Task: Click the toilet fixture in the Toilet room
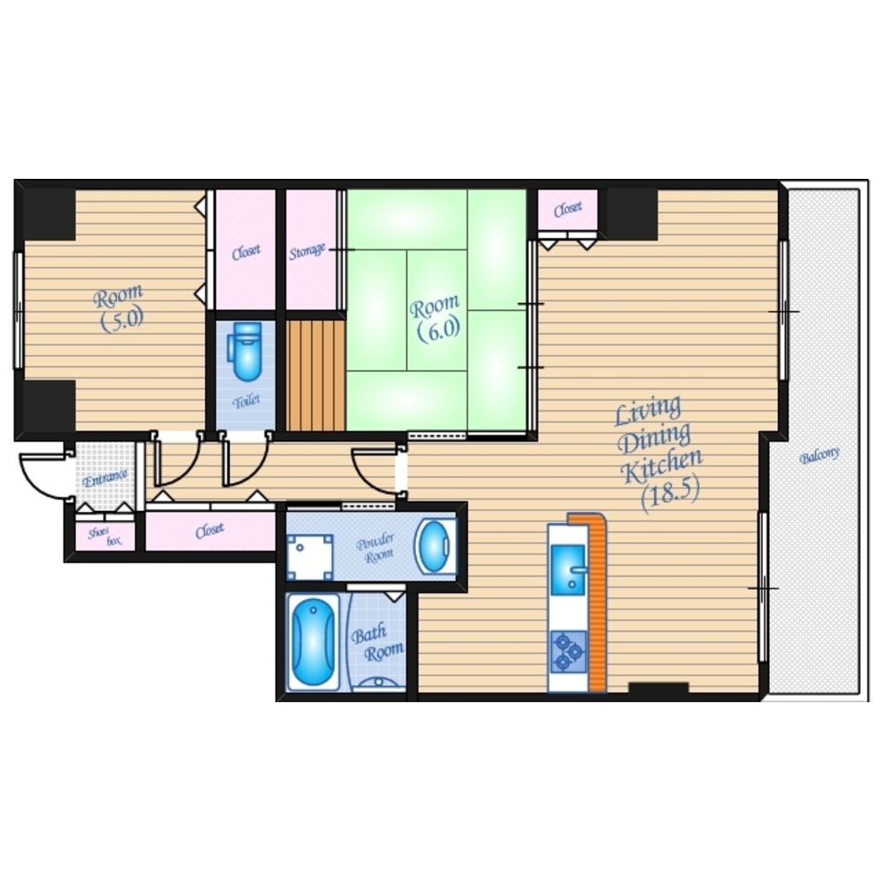(x=245, y=351)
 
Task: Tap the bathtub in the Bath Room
(x=313, y=641)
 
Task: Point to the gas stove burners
(x=568, y=652)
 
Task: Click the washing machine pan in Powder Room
(x=309, y=557)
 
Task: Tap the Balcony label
(x=819, y=455)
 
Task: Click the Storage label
(x=307, y=252)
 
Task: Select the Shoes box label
(x=105, y=537)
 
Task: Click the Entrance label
(x=105, y=478)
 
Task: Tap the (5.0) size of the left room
(x=122, y=320)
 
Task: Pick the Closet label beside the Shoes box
(x=211, y=529)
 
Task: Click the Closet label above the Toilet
(x=246, y=252)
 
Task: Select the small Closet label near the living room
(x=567, y=209)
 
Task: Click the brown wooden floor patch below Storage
(x=315, y=375)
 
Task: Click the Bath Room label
(x=377, y=645)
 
